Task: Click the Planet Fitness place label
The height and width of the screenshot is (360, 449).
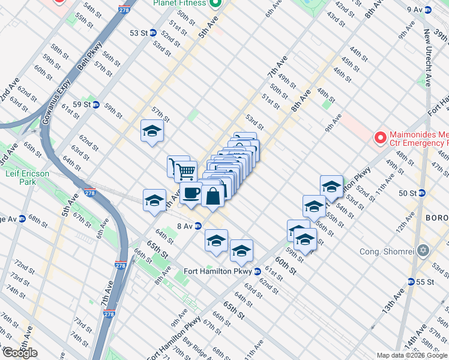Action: [x=179, y=3]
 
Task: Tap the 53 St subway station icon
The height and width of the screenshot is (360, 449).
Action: [x=153, y=33]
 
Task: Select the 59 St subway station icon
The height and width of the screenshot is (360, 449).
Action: [x=95, y=104]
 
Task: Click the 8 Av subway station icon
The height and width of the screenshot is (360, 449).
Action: [x=197, y=226]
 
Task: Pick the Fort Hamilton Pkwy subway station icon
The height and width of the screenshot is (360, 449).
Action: [x=257, y=271]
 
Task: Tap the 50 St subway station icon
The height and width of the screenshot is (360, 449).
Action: [x=422, y=193]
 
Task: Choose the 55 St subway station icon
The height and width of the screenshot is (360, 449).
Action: [x=411, y=281]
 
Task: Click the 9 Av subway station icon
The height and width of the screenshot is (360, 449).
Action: [x=427, y=10]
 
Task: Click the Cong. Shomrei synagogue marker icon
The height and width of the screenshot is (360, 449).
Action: [x=424, y=250]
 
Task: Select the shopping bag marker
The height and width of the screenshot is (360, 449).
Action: [x=213, y=196]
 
